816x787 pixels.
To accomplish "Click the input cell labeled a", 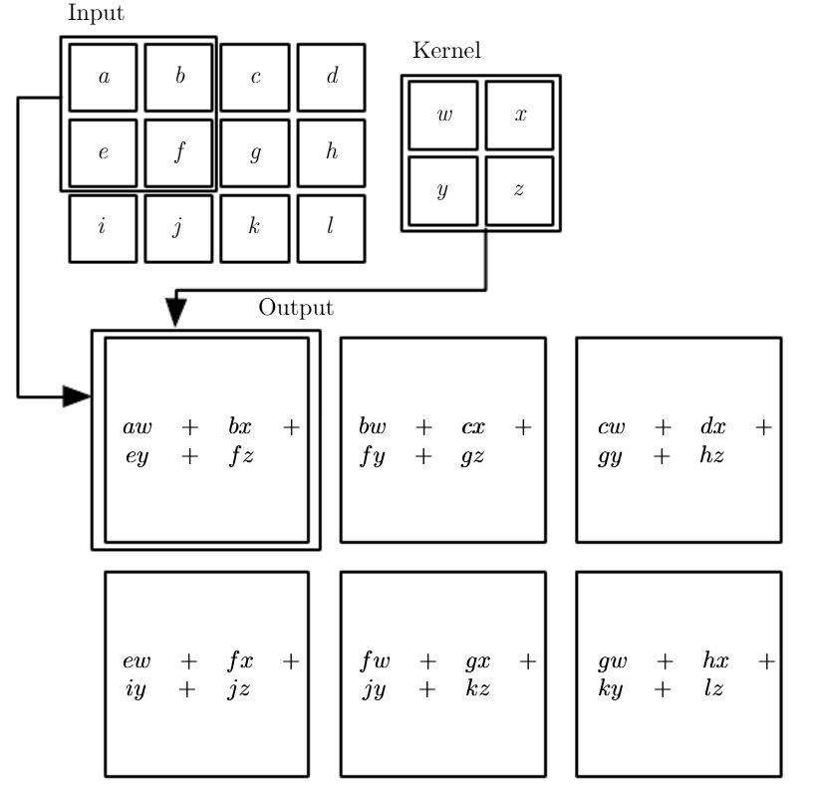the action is point(103,78).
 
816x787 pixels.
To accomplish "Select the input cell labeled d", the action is point(332,78).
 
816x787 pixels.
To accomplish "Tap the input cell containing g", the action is point(255,153).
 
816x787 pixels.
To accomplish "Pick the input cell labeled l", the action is point(332,228).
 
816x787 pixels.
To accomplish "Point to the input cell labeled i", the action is point(103,228).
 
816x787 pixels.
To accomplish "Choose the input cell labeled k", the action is point(255,228).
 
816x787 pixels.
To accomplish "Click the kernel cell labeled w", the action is point(443,115).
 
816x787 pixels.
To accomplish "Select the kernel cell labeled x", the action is point(520,115).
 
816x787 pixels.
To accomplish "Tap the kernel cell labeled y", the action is point(443,191).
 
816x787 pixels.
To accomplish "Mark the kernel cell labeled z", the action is point(520,191).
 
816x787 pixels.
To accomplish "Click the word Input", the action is point(97,14).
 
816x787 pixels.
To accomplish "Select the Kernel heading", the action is point(446,51).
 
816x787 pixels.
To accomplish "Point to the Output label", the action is point(296,308).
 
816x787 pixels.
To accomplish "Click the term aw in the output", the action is point(137,427).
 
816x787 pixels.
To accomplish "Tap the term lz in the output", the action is point(713,688).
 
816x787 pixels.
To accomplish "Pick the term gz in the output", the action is point(472,457).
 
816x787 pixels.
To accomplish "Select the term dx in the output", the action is point(713,425).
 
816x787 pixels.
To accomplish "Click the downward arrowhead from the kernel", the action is point(176,312).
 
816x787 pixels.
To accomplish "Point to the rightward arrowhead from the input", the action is point(77,396).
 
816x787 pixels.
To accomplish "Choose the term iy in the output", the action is point(136,689).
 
